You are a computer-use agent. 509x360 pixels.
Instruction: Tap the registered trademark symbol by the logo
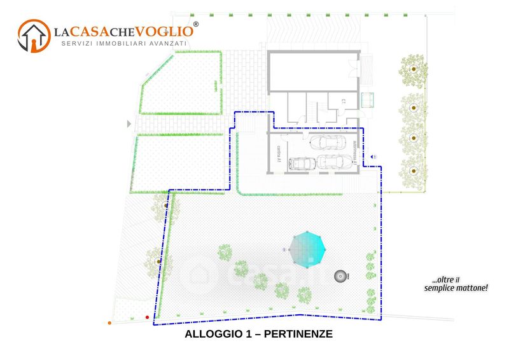[x=195, y=24]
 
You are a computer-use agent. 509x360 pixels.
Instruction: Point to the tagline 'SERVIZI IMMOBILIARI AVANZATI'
[x=123, y=43]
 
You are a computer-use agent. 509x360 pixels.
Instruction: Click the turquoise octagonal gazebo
[x=307, y=249]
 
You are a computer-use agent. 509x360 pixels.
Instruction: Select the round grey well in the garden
[x=342, y=276]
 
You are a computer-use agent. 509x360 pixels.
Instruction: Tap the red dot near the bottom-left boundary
[x=148, y=316]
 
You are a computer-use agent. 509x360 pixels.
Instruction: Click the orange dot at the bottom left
[x=110, y=323]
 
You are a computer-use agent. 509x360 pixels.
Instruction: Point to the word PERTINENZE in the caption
[x=298, y=334]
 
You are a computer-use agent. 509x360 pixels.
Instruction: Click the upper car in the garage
[x=328, y=141]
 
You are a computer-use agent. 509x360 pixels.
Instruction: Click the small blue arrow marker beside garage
[x=374, y=155]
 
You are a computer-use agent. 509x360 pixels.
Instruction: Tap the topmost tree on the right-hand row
[x=414, y=68]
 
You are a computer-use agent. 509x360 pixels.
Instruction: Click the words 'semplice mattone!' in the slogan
[x=456, y=288]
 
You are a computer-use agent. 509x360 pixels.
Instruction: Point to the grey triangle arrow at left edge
[x=129, y=123]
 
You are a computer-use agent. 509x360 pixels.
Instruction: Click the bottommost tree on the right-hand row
[x=414, y=169]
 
